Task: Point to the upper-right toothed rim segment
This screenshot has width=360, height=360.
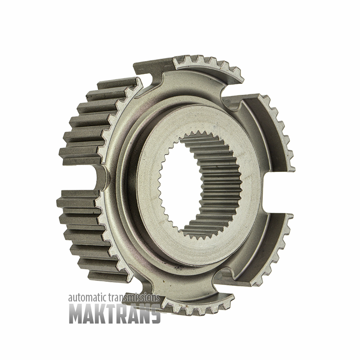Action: [275, 129]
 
